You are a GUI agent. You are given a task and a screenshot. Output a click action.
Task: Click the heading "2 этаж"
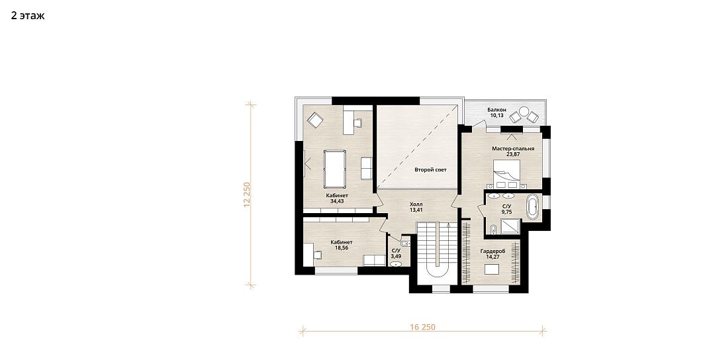28,16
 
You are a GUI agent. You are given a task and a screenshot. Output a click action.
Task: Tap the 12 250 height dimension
246,195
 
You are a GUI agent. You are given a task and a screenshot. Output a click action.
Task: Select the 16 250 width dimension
422,327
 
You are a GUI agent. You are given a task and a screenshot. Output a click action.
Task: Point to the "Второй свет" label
430,170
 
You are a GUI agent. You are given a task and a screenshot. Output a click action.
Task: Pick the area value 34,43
337,201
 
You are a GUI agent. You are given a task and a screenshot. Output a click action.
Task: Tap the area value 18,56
342,247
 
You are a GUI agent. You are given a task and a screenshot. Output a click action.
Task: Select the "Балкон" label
497,110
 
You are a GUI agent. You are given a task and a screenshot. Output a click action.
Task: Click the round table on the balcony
524,111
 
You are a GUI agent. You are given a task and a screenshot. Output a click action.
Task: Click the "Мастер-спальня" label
513,149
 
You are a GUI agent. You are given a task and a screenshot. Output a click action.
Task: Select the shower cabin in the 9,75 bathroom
510,226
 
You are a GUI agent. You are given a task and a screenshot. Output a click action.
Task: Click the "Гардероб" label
493,251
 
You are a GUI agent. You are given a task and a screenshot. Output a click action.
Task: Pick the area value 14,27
493,257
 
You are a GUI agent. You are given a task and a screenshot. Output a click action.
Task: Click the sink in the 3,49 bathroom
396,264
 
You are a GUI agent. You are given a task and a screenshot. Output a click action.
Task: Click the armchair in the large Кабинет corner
315,120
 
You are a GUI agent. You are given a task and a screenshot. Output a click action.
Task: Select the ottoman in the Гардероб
491,269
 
